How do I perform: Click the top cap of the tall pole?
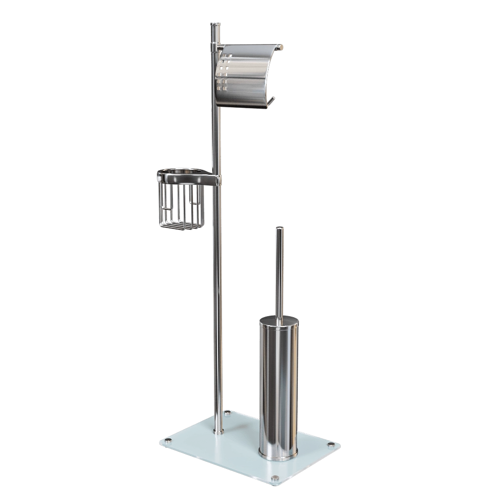[x=214, y=23]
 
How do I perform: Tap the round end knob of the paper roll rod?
[x=282, y=47]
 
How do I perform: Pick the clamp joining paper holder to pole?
[x=216, y=47]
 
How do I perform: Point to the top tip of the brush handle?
[x=279, y=229]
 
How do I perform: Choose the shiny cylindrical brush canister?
[x=279, y=386]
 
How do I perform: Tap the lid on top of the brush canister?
[x=279, y=321]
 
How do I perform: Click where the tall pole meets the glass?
[x=218, y=429]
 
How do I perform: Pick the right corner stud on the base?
[x=330, y=444]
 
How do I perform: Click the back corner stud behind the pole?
[x=228, y=414]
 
